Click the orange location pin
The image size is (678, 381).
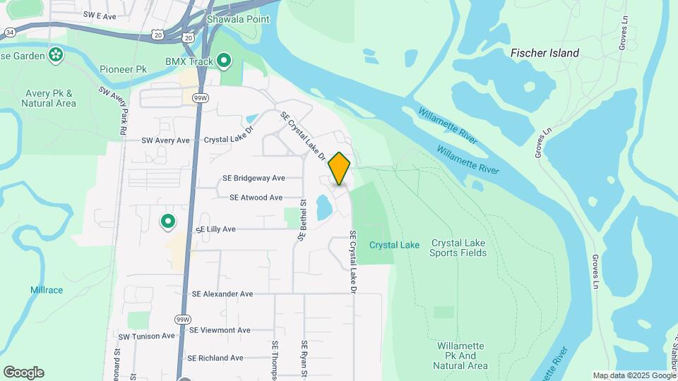click(339, 168)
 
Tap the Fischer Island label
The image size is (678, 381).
click(545, 53)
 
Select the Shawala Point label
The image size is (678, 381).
click(238, 19)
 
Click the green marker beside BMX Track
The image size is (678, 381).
click(225, 61)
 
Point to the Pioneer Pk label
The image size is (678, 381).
click(122, 69)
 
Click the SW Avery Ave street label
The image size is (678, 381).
click(165, 140)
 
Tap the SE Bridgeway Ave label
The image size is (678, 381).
click(254, 179)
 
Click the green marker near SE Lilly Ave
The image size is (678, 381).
click(168, 222)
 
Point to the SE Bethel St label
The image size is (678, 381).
click(302, 221)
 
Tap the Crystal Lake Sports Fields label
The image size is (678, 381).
click(458, 247)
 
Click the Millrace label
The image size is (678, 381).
click(47, 290)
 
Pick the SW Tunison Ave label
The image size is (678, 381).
click(146, 337)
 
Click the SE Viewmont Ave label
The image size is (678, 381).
click(219, 330)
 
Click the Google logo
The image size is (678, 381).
click(23, 373)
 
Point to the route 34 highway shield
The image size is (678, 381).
click(9, 32)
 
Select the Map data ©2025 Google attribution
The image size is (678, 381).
click(634, 376)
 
